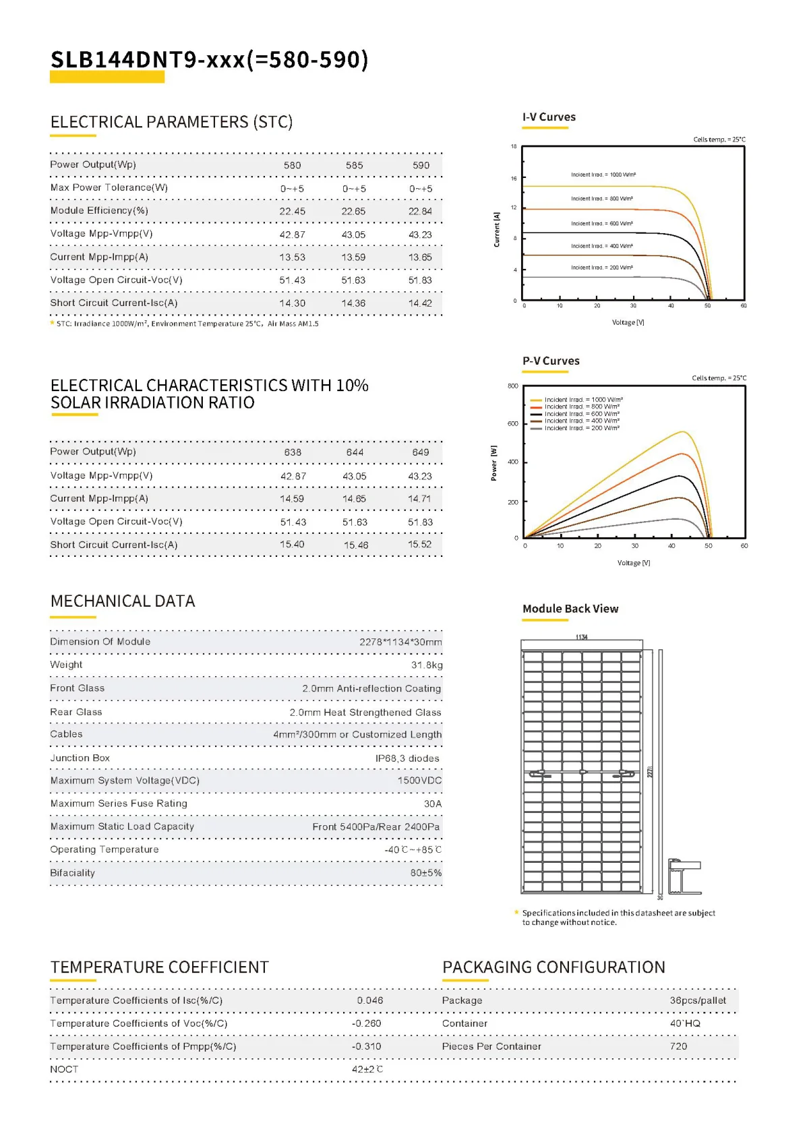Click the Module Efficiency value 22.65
(353, 212)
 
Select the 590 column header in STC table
(421, 166)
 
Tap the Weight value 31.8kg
(427, 665)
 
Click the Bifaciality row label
(72, 873)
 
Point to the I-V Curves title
(549, 117)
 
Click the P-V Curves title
(551, 361)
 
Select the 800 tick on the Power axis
(513, 386)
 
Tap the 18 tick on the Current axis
(514, 146)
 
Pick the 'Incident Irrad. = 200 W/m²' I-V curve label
(601, 268)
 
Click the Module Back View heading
(570, 609)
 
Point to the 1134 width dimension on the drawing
(581, 637)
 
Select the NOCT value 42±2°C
(367, 1069)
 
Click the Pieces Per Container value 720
(678, 1046)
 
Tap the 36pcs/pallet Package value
(698, 1000)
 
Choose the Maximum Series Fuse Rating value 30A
(433, 804)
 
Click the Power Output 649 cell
(421, 452)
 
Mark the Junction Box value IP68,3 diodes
(407, 758)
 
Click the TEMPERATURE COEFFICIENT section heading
(160, 967)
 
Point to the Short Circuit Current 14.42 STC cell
(420, 303)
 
